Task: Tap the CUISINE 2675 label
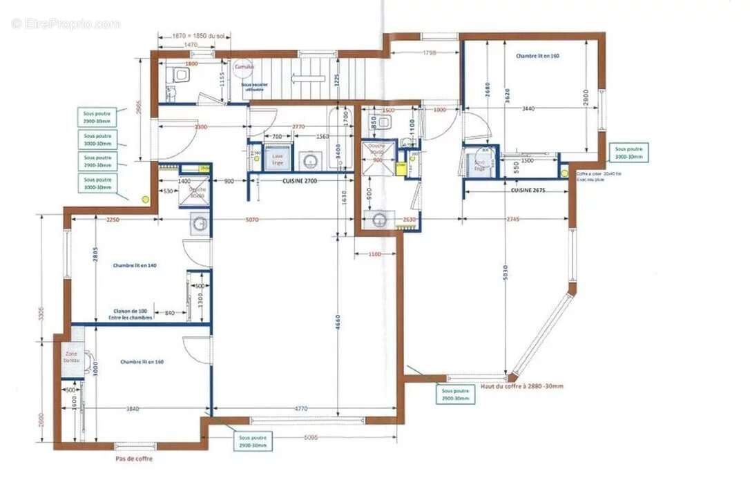click(528, 189)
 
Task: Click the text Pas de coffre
click(134, 459)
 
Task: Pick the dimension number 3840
click(133, 409)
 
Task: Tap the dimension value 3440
click(528, 108)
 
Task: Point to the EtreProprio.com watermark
click(66, 24)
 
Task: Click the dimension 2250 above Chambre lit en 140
click(113, 220)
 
